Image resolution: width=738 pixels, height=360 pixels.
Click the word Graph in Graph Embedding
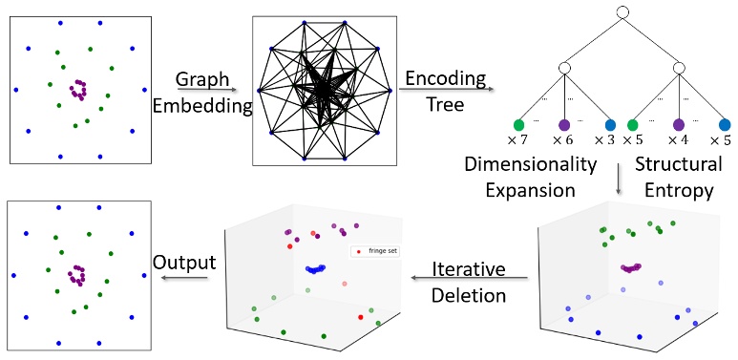click(x=201, y=79)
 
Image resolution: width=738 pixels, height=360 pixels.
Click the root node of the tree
click(x=621, y=12)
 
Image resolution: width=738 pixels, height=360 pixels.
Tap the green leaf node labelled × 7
click(x=518, y=125)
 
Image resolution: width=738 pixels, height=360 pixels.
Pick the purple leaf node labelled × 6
click(x=564, y=125)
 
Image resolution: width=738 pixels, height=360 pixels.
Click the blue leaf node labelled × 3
click(x=611, y=125)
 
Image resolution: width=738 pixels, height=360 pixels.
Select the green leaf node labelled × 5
click(x=632, y=125)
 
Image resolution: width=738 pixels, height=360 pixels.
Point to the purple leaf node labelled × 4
click(x=679, y=125)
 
